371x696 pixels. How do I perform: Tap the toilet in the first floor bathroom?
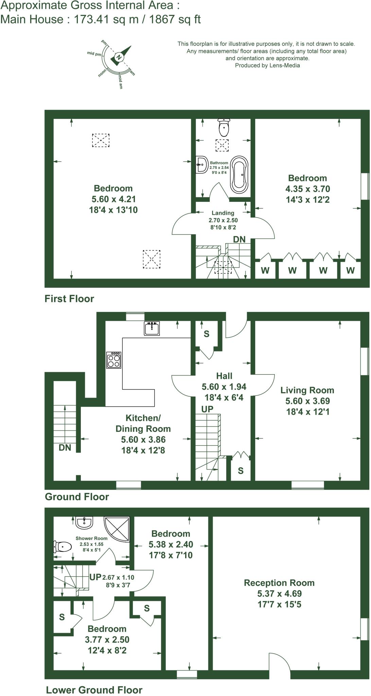224,127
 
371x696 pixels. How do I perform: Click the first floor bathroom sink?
202,165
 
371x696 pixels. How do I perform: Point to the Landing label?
223,213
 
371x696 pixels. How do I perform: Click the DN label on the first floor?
239,240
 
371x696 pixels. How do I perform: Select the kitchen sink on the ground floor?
152,329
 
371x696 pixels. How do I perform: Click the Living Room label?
307,390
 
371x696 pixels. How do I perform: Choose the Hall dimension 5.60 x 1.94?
224,387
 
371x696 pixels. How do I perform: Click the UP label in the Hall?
207,409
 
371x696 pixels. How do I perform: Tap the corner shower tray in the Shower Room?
117,528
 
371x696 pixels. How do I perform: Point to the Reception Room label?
279,583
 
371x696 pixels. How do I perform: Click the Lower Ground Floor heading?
94,690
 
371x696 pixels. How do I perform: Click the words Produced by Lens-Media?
267,66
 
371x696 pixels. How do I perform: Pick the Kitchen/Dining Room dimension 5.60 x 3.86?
143,440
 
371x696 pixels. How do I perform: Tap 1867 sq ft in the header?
175,19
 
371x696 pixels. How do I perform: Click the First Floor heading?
69,299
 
